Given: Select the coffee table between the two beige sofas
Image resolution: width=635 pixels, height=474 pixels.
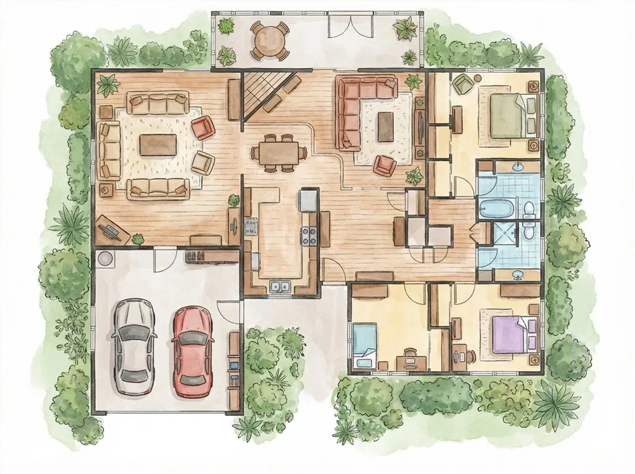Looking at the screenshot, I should (x=158, y=145).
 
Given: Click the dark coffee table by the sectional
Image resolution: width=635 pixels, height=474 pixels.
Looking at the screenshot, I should (x=386, y=126).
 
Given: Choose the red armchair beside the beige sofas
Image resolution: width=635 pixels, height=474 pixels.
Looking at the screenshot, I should (x=203, y=128).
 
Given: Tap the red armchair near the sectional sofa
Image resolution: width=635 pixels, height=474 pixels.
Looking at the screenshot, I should (x=384, y=164).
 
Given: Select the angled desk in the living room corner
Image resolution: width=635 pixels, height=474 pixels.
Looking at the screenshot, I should (x=112, y=230).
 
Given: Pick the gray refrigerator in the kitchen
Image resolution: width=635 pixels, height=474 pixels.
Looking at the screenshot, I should (x=308, y=200).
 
